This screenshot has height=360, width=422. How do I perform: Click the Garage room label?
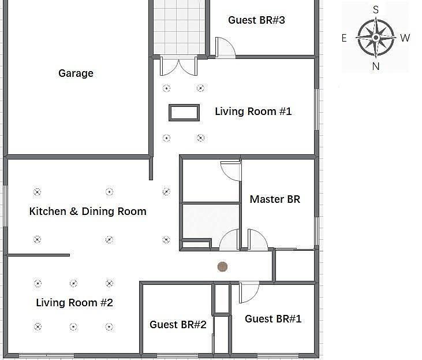pos(76,73)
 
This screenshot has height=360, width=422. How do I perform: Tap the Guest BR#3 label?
pos(256,20)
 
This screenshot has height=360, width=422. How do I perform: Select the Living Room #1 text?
pos(253,112)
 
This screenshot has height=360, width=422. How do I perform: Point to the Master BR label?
pos(275,199)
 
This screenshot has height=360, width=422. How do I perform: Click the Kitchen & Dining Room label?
pos(88,211)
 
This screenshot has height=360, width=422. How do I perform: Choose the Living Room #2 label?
pos(74,303)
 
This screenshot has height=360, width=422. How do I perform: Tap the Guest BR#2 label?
pos(178,324)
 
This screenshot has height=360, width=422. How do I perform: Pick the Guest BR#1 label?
pos(273,319)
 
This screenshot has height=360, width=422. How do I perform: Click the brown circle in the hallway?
pos(222,267)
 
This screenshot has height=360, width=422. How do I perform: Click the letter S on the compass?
pos(376,10)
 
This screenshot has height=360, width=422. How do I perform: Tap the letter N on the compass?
pos(376,66)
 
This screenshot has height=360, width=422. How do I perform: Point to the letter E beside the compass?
pos(344,38)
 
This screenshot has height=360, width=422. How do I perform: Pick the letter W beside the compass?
pos(405,38)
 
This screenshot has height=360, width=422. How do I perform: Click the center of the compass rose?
pos(376,38)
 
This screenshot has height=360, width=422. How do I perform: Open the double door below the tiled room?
pos(179,66)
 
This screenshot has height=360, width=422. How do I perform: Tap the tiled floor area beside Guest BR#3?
pos(179,27)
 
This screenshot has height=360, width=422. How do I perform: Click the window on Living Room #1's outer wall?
pos(317,110)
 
